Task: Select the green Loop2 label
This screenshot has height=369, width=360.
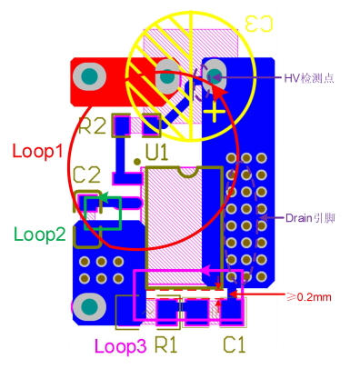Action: (39, 234)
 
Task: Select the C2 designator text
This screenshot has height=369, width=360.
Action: (86, 174)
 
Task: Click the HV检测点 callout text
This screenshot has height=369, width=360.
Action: (311, 78)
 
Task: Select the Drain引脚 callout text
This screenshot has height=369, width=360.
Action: (310, 217)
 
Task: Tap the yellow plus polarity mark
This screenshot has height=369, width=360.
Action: (215, 112)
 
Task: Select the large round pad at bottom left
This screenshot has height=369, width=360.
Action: (89, 306)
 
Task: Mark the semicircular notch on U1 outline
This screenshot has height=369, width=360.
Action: (188, 171)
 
